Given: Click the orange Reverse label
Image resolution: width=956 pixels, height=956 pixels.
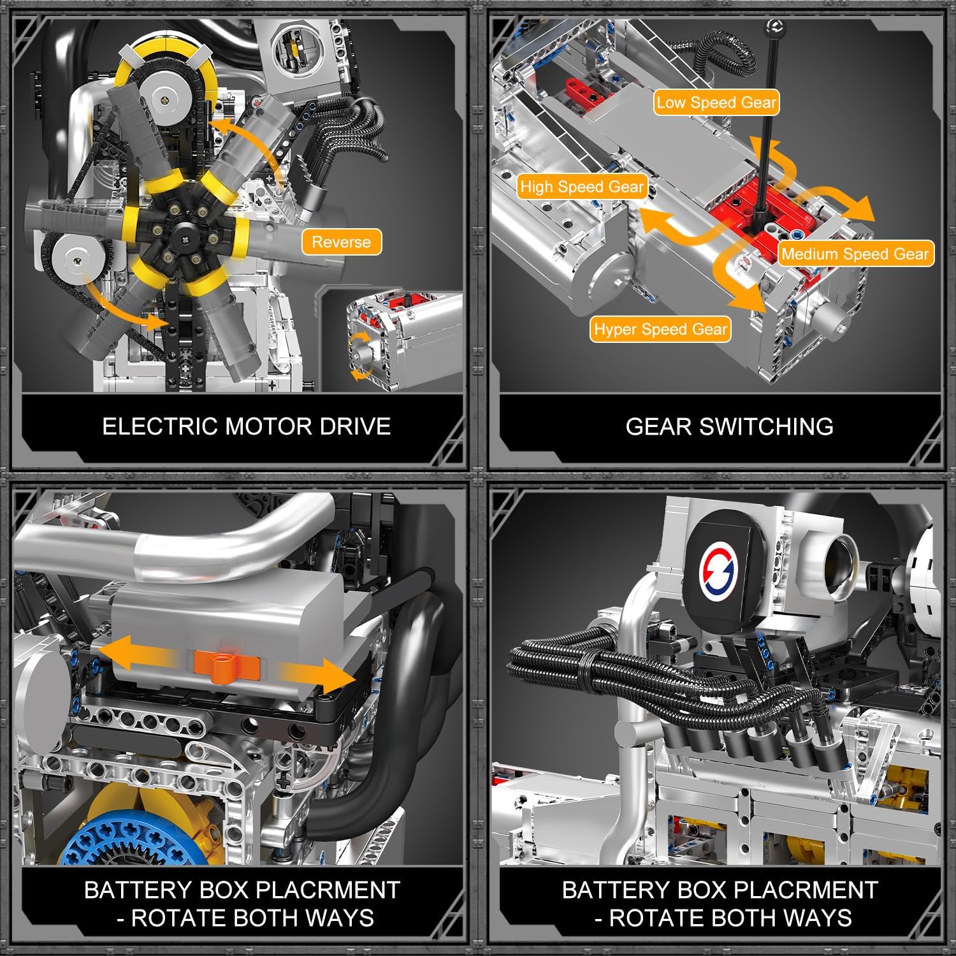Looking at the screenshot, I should [x=341, y=242].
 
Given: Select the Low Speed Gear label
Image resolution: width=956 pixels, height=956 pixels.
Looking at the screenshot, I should [x=716, y=103].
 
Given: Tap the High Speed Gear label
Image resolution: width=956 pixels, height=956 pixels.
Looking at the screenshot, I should [x=582, y=187].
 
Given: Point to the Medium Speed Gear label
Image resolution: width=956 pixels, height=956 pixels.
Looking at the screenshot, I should [x=855, y=254].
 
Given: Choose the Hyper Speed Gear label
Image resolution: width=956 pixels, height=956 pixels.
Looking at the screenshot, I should [x=660, y=329].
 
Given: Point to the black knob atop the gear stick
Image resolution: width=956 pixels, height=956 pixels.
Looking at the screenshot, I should [x=774, y=27].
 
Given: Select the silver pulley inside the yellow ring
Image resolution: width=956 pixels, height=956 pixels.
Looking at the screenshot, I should [x=164, y=98].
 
